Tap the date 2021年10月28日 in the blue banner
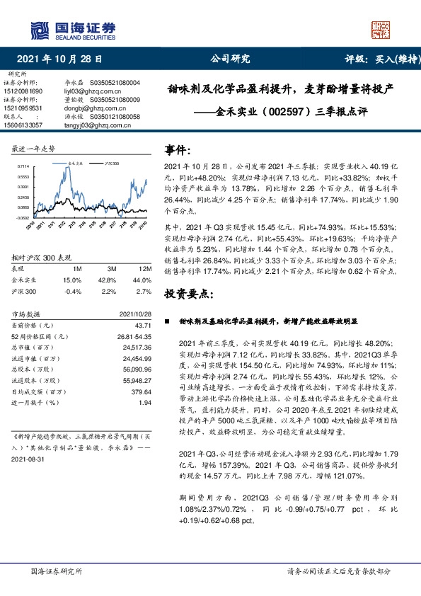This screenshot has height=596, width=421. click(x=59, y=60)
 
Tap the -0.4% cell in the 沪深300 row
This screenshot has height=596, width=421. click(x=73, y=291)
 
